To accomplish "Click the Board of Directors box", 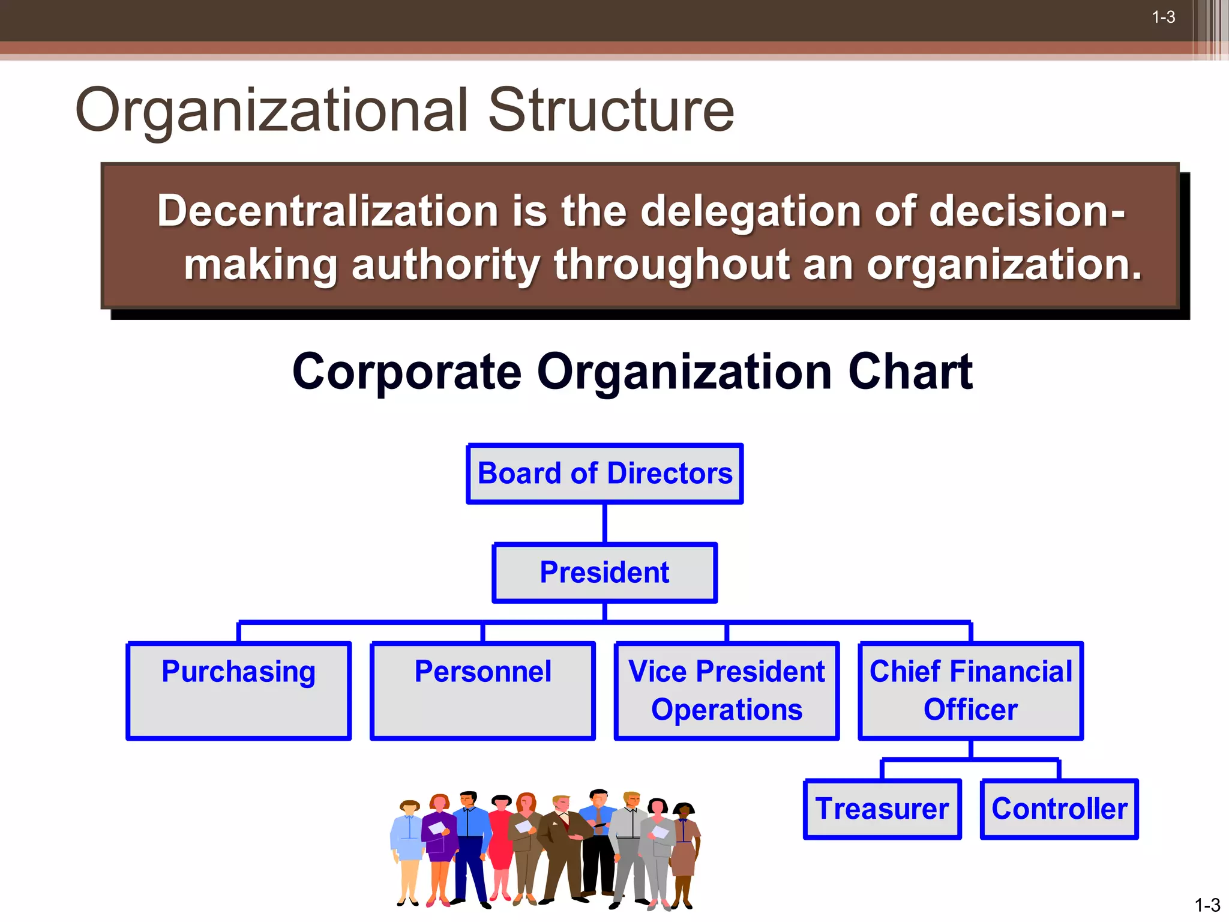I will [x=604, y=474].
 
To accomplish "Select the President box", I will [x=604, y=573].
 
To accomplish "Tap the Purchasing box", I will [x=238, y=690].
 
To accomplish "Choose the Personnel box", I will [x=482, y=690].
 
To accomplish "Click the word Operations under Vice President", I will [x=727, y=710].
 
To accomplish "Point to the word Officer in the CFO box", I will [x=970, y=710].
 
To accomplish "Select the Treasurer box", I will [x=882, y=809].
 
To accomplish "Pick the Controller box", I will [x=1059, y=809].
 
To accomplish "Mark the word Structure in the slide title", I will [x=611, y=110].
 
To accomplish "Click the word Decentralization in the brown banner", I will [x=328, y=211].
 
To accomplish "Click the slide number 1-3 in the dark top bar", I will [x=1163, y=17].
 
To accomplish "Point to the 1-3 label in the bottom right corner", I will [x=1207, y=905].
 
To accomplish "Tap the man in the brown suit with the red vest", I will [x=563, y=846].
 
